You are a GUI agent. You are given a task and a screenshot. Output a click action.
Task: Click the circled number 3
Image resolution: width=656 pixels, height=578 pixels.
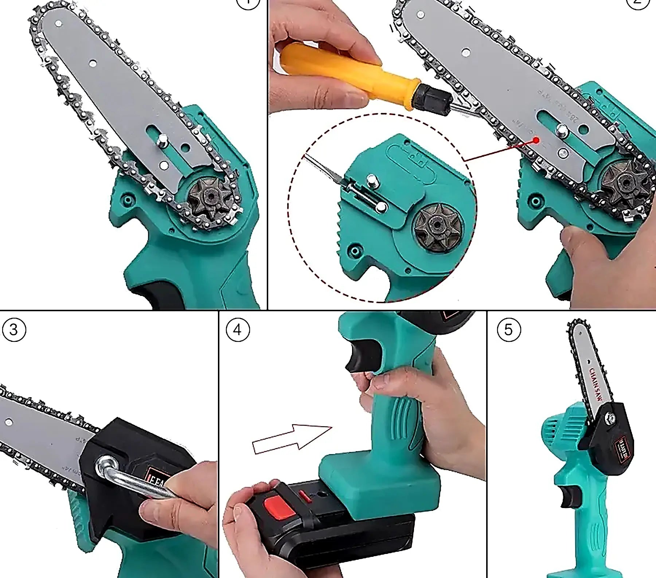pos(13,330)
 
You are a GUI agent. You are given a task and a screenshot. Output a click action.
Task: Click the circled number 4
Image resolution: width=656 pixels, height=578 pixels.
pos(238,330)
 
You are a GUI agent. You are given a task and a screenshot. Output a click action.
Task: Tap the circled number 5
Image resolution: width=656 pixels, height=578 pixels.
pos(509,330)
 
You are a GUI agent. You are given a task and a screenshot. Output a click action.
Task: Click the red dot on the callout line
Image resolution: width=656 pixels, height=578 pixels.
pos(536,140)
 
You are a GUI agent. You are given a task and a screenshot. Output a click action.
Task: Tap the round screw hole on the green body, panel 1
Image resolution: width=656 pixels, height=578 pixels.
pos(127,199)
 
